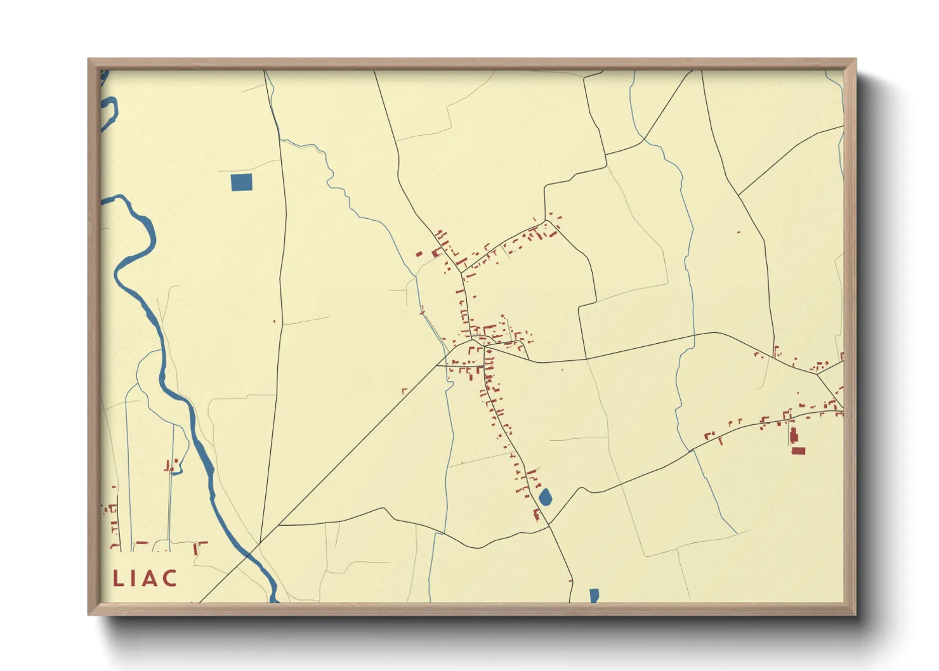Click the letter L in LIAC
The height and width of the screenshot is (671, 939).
tap(118, 578)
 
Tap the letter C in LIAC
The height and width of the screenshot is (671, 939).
tap(169, 578)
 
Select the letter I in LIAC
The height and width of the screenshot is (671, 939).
tap(133, 578)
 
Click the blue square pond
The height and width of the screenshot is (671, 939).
tap(241, 182)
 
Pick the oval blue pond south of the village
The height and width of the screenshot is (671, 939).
tap(545, 497)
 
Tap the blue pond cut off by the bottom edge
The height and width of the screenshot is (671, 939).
tap(594, 596)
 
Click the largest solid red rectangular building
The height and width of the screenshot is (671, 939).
tap(798, 451)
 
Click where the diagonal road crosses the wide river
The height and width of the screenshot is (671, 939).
tap(258, 544)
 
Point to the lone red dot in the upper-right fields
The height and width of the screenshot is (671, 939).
tap(739, 232)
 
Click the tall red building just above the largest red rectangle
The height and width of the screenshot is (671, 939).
tap(792, 435)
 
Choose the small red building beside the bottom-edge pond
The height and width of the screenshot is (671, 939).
tap(570, 581)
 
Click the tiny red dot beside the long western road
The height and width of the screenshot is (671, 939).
tap(274, 322)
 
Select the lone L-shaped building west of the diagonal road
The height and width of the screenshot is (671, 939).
tap(404, 391)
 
